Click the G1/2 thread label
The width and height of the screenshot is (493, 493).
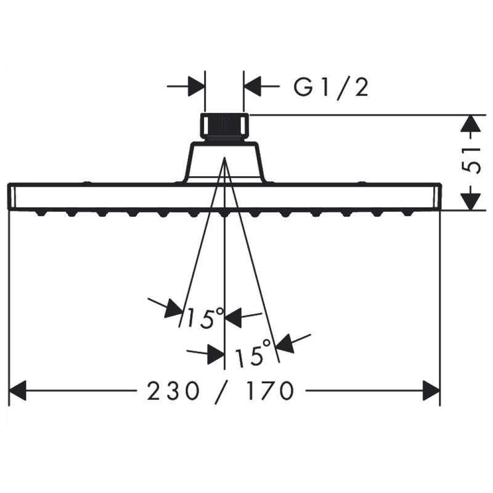[x=331, y=88]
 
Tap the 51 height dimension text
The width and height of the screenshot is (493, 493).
[x=473, y=160]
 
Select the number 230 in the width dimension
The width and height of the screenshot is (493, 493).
[x=173, y=391]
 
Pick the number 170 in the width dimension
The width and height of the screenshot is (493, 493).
[x=270, y=391]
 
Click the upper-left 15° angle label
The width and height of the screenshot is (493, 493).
[x=205, y=317]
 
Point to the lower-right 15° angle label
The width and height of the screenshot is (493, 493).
[x=253, y=353]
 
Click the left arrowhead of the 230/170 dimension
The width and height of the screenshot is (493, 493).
[x=18, y=391]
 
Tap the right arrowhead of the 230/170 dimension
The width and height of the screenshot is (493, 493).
[x=431, y=391]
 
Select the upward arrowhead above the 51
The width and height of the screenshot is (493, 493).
[x=470, y=124]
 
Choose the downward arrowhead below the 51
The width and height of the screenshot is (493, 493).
[x=470, y=202]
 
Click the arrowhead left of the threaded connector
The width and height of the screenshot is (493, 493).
[x=196, y=86]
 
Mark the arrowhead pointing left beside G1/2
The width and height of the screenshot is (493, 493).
[x=253, y=86]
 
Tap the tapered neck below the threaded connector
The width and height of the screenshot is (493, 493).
[x=224, y=162]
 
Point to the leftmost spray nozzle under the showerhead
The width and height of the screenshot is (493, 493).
[x=41, y=213]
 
